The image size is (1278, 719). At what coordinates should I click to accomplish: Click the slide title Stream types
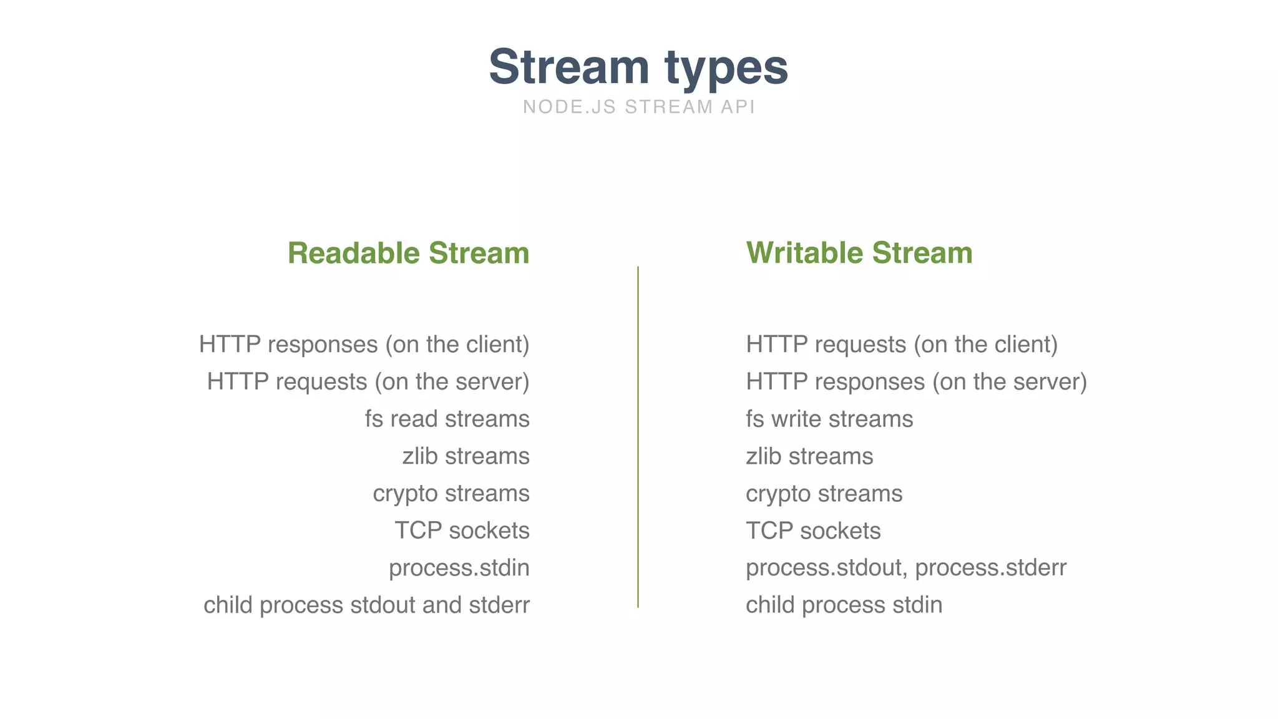coord(638,67)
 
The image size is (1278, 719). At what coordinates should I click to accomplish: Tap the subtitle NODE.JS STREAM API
coord(639,107)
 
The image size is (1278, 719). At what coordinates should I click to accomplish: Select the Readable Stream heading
coord(408,253)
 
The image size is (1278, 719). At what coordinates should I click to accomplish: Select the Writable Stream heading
coord(859,253)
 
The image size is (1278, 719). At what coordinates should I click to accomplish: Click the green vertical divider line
coord(638,437)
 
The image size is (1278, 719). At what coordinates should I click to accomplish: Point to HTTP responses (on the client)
coord(364,345)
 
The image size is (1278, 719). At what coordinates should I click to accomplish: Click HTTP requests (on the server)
coord(368,382)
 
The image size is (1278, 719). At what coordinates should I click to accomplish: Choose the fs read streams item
coord(447,419)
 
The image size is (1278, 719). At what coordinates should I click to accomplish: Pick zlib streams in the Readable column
coord(466,456)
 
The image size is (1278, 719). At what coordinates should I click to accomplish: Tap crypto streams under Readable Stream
coord(451,494)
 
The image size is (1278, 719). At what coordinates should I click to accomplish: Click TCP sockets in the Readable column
coord(462,531)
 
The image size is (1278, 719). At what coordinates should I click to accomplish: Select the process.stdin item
coord(459,568)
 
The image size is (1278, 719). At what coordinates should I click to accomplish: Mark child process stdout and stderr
coord(366,605)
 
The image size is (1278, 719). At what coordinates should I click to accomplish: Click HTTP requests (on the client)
coord(902,345)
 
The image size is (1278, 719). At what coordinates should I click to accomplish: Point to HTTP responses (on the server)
coord(916,382)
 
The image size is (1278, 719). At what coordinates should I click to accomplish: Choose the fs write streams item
coord(829,419)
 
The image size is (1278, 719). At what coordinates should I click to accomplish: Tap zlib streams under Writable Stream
coord(809,456)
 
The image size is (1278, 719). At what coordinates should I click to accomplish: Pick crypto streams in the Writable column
coord(824,494)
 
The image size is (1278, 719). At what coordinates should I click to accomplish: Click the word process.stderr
coord(990,568)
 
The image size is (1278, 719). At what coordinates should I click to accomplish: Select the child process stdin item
coord(844,605)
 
